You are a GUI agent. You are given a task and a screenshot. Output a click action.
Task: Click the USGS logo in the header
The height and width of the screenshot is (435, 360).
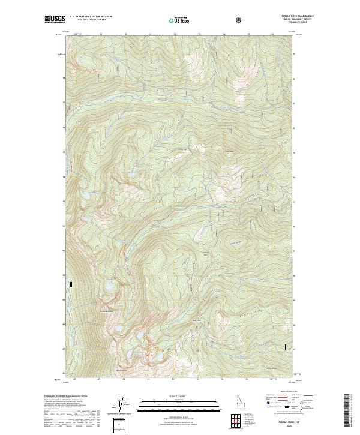click(x=55, y=20)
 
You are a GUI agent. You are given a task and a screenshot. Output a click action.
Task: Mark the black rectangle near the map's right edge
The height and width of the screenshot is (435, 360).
click(x=286, y=346)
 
